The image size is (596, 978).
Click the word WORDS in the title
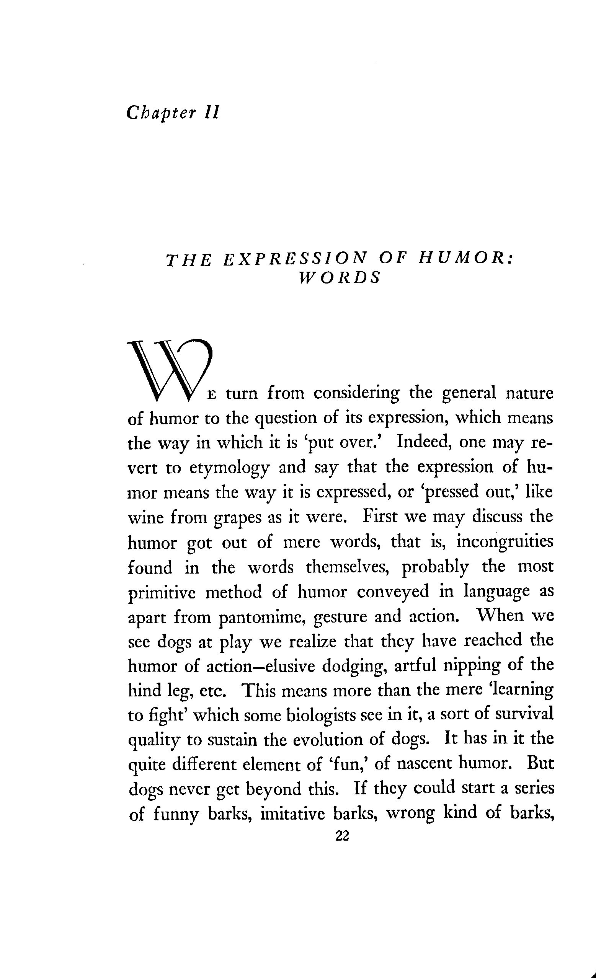(339, 279)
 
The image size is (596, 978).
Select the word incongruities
(505, 542)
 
